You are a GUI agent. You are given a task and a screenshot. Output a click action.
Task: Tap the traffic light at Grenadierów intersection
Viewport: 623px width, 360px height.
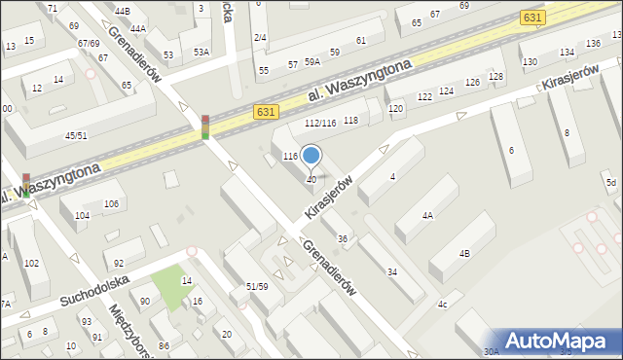point(205,127)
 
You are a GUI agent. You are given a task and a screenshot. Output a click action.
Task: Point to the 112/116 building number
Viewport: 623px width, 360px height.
point(320,123)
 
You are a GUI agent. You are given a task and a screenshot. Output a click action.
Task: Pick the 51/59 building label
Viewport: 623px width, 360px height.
point(257,286)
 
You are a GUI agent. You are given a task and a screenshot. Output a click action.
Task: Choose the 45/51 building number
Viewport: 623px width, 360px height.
point(76,135)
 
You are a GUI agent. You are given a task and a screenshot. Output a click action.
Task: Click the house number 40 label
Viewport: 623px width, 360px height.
point(311,180)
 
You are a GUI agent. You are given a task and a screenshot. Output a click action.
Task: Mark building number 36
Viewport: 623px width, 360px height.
point(343,239)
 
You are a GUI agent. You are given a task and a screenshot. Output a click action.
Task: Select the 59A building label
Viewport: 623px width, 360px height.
point(312,62)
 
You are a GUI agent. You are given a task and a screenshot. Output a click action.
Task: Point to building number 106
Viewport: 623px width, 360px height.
point(111,203)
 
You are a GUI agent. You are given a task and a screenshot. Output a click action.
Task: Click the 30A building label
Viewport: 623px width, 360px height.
point(492,351)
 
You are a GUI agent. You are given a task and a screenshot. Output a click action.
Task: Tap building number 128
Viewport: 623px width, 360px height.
point(496,77)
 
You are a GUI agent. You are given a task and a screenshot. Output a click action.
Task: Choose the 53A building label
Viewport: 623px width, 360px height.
point(202,52)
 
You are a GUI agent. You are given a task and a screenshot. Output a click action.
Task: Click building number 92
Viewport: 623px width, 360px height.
point(119,264)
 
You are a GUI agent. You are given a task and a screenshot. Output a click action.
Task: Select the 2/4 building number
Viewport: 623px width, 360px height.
point(260,37)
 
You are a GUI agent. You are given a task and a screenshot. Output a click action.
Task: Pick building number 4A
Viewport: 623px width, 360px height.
point(427,215)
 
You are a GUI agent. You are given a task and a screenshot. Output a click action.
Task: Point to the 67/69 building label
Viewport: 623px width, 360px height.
point(90,44)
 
